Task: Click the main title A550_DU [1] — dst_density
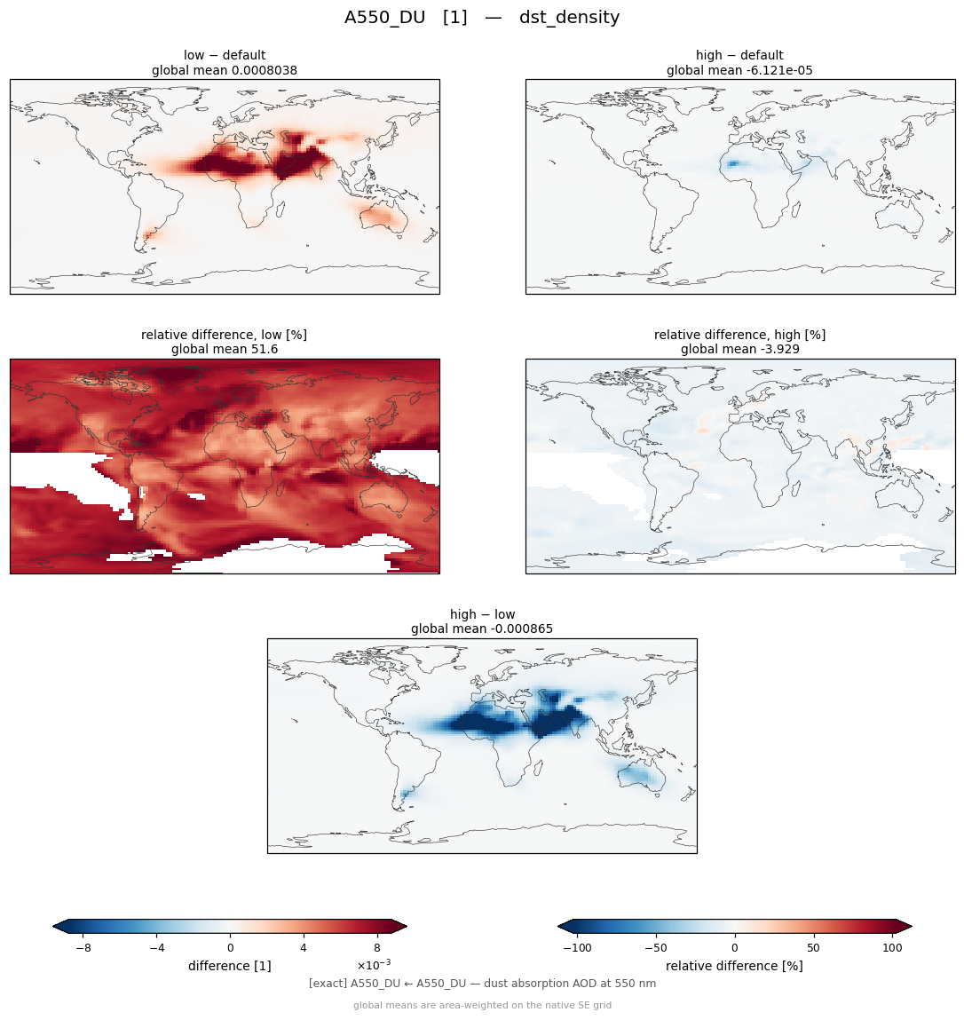pos(482,17)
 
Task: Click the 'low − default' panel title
pos(225,55)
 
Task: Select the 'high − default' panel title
pos(739,55)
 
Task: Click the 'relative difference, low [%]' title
pos(224,335)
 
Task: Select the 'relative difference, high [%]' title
pos(739,335)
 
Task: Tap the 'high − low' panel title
pos(482,614)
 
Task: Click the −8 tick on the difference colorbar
pos(83,948)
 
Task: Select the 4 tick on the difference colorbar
pos(303,948)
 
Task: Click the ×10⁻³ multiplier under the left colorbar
pos(374,963)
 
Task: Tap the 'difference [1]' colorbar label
pos(230,966)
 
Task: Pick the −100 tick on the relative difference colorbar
pos(577,948)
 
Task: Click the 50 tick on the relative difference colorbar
pos(813,948)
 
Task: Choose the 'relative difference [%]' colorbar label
pos(734,966)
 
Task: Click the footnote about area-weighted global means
pos(482,1005)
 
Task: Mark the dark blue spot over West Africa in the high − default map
pos(733,164)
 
